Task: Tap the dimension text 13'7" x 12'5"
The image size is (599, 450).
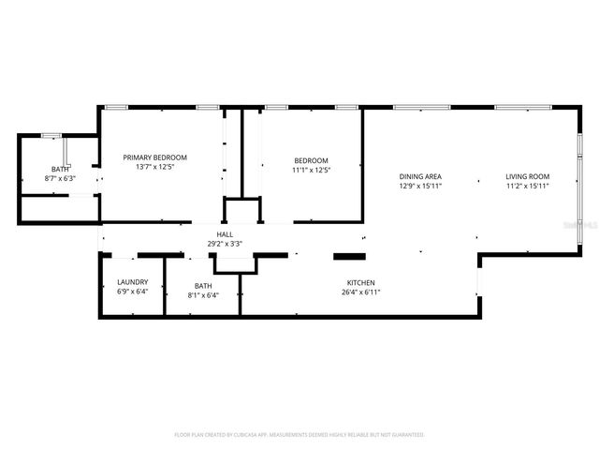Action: pyautogui.click(x=155, y=167)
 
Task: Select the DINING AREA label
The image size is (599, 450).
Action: pyautogui.click(x=420, y=176)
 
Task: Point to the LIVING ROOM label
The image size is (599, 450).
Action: pyautogui.click(x=527, y=176)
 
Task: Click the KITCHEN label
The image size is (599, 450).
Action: pyautogui.click(x=360, y=282)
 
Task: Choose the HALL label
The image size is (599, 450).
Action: pyautogui.click(x=225, y=234)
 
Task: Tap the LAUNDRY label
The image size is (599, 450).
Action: pyautogui.click(x=132, y=282)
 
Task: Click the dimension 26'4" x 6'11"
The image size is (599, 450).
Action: pyautogui.click(x=360, y=292)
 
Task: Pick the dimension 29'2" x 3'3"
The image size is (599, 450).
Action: pyautogui.click(x=225, y=244)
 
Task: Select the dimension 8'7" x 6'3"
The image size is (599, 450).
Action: pyautogui.click(x=60, y=178)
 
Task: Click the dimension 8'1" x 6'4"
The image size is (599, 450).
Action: pyautogui.click(x=203, y=295)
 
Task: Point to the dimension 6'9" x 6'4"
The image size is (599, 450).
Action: pyautogui.click(x=132, y=292)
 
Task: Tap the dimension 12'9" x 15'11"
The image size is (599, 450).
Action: pyautogui.click(x=420, y=186)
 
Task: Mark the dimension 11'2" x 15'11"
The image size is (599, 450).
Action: pyautogui.click(x=527, y=186)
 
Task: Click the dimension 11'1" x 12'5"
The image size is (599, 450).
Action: pyautogui.click(x=312, y=170)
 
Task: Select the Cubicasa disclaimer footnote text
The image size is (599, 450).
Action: pyautogui.click(x=299, y=435)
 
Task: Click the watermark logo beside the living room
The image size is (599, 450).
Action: pyautogui.click(x=587, y=225)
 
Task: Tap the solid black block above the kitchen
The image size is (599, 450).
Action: pyautogui.click(x=349, y=255)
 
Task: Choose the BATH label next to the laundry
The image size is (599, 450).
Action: pyautogui.click(x=203, y=286)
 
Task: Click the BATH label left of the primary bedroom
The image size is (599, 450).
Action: pyautogui.click(x=60, y=169)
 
